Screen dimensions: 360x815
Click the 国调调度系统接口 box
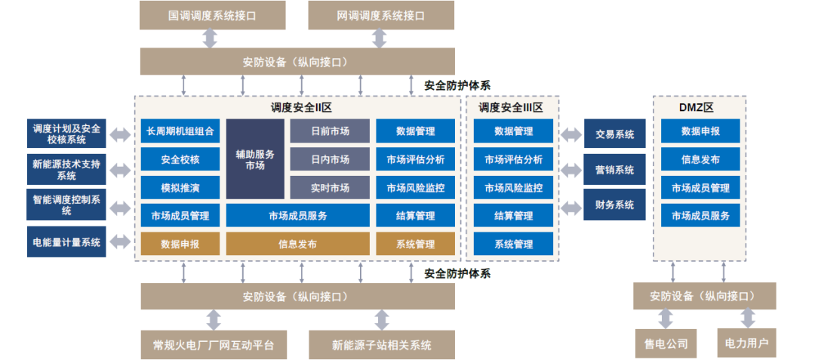coord(213,15)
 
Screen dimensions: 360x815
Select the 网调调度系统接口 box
coord(381,15)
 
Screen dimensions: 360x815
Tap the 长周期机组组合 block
coord(180,131)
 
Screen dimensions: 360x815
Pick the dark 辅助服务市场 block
coord(255,159)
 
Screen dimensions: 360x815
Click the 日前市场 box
coord(330,131)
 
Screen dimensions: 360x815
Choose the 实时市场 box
coord(330,188)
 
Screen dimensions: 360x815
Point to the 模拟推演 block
coord(180,188)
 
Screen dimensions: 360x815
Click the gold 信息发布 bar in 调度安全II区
coord(297,244)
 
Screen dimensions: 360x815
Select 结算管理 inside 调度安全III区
coord(513,216)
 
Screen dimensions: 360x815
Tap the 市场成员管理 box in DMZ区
coord(700,188)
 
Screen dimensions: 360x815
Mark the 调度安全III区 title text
coord(511,108)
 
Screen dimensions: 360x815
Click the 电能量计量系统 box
coord(66,242)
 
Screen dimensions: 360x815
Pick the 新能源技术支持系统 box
coord(66,170)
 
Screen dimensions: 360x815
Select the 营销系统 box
coord(614,170)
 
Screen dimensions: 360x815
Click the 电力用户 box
coord(746,343)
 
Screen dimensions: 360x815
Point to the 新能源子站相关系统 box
coord(381,346)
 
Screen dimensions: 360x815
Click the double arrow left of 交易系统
coord(570,135)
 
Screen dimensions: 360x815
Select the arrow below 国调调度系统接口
coord(210,38)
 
